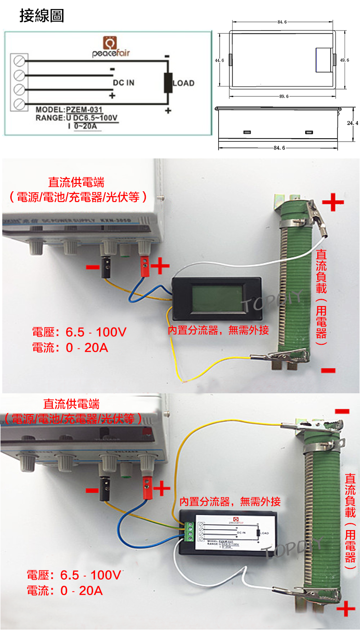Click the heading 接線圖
tap(42, 16)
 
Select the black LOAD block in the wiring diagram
tap(168, 82)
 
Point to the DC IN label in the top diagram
tap(123, 83)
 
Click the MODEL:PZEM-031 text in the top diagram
tap(69, 110)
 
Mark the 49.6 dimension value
tap(344, 60)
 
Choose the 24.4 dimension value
tap(352, 122)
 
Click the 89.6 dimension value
tap(283, 96)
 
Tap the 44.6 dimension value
tap(219, 60)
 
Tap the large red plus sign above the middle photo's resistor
tap(333, 202)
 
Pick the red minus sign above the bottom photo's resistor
tap(342, 411)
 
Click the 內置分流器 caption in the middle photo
tap(218, 331)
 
